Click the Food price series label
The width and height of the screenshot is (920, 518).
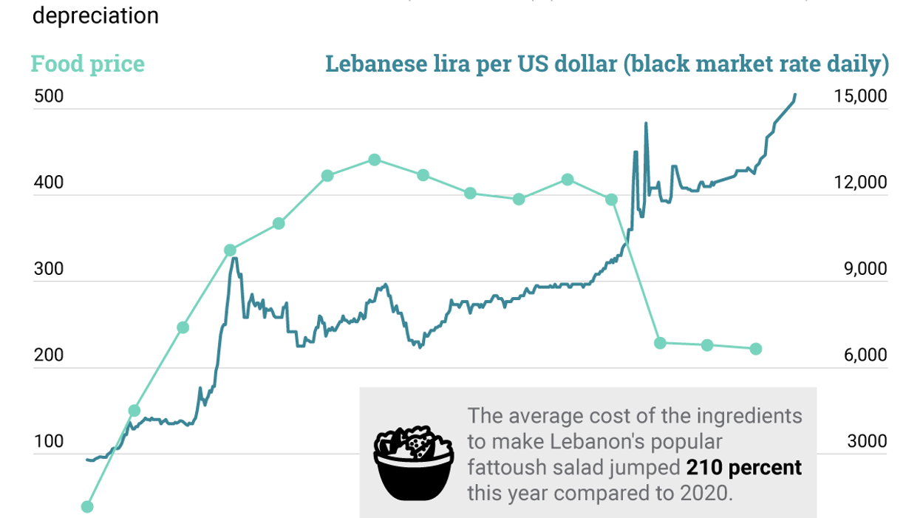87,64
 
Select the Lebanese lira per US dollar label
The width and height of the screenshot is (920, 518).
606,64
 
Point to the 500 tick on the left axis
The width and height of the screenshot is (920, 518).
48,98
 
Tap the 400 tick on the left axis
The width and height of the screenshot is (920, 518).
48,183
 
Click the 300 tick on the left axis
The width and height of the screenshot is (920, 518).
48,270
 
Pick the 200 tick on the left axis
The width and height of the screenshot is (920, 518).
48,355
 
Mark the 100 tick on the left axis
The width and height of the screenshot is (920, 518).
48,442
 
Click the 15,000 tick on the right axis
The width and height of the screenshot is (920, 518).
859,98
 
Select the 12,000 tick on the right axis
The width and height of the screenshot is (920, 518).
859,183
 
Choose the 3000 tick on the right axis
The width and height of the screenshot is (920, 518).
866,442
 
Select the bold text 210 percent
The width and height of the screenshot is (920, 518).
743,468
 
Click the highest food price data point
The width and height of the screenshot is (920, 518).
375,160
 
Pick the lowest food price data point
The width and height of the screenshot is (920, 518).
87,506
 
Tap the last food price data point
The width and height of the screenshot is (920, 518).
755,349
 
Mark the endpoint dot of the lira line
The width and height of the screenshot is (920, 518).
795,95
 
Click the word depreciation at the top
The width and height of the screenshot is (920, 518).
95,16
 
